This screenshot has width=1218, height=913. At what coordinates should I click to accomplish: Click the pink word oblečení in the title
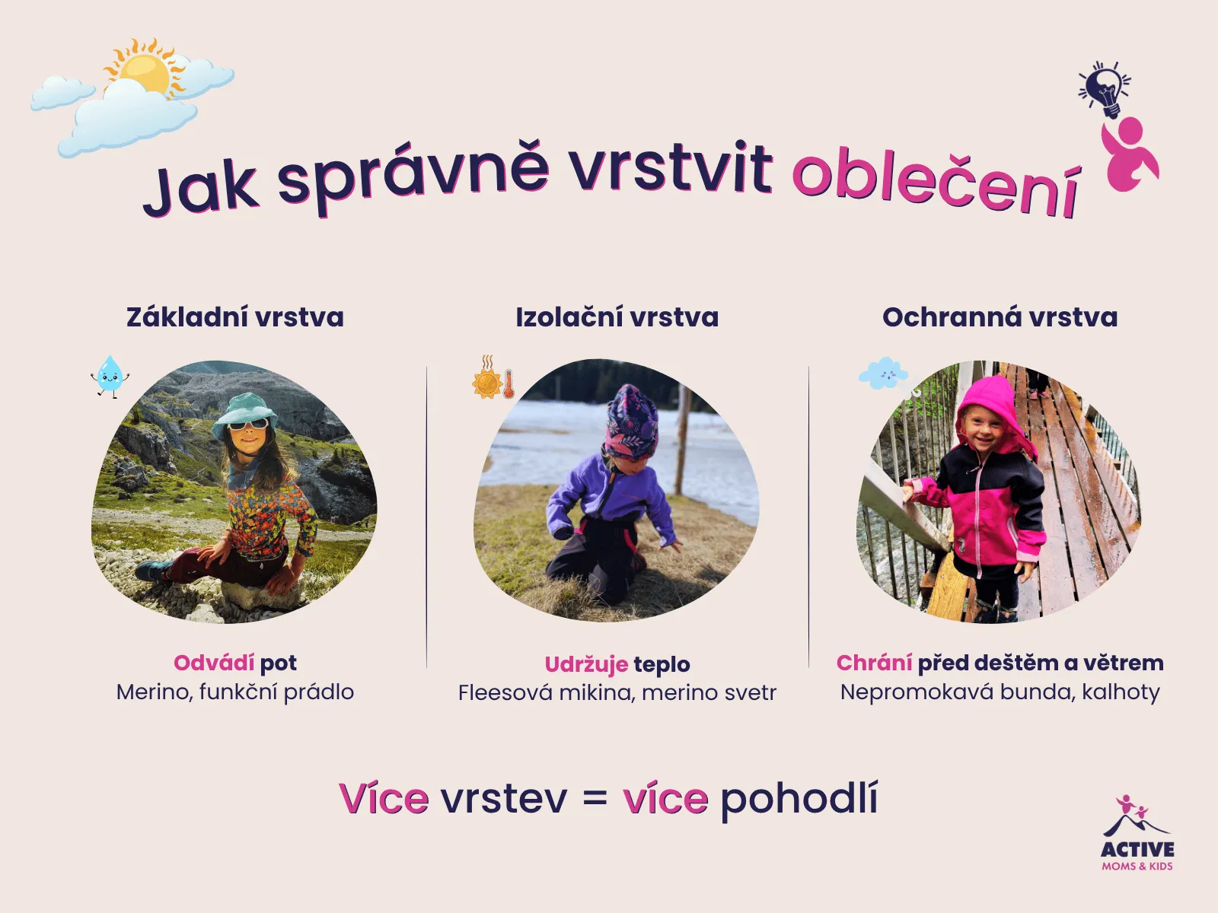coord(936,181)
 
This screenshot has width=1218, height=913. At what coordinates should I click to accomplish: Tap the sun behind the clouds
coord(144,69)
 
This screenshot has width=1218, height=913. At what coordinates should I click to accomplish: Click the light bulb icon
coord(1105,90)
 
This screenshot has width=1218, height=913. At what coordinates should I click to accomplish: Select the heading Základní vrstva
coord(234,317)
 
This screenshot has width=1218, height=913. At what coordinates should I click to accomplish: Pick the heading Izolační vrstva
coord(617,317)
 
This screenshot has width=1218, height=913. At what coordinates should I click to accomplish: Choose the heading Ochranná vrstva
coord(1000,317)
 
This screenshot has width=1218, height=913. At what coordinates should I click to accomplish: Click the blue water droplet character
coord(110,377)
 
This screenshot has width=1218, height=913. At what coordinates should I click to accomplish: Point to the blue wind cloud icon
coord(884,375)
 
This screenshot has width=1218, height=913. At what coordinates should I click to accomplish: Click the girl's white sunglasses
coord(248,425)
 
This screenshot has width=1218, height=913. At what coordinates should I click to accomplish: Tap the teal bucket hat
coord(244,412)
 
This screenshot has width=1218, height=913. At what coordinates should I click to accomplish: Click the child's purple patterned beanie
coord(631,422)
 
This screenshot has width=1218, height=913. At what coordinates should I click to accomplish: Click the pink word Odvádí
coord(214,663)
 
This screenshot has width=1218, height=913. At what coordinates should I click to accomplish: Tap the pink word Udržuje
coord(586,664)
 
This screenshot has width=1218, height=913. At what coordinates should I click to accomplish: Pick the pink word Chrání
coord(874,663)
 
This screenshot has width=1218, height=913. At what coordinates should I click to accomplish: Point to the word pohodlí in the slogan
coord(799,799)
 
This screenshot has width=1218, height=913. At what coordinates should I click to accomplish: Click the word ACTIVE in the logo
coord(1137,849)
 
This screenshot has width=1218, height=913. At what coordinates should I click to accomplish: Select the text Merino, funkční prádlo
coord(234,692)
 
